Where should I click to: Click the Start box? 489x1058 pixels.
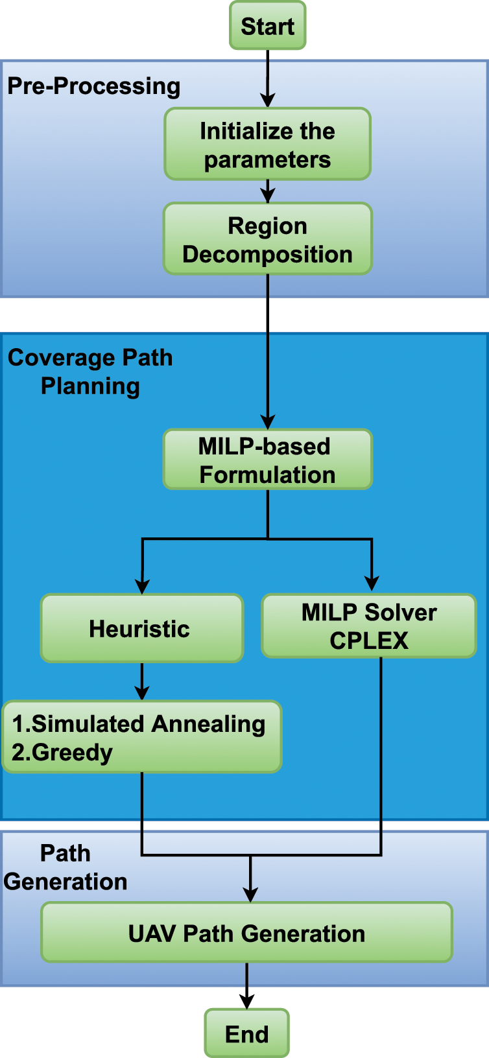(x=267, y=26)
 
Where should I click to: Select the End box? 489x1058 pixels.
(x=246, y=1033)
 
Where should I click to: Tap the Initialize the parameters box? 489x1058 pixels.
(x=267, y=145)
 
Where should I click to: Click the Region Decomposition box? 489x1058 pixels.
(x=267, y=239)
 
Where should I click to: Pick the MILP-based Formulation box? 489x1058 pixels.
(x=267, y=460)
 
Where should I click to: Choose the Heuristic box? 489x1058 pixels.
(x=141, y=628)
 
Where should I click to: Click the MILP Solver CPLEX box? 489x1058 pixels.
(x=368, y=626)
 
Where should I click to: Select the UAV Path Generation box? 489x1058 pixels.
(x=246, y=933)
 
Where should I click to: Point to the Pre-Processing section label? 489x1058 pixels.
(x=93, y=86)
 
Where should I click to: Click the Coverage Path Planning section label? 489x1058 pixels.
(x=90, y=371)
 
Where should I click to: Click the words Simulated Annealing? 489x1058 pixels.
(x=149, y=723)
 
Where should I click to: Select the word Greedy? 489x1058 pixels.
(x=72, y=752)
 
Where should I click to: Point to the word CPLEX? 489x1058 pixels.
(x=368, y=641)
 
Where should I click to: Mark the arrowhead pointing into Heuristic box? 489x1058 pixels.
(x=142, y=586)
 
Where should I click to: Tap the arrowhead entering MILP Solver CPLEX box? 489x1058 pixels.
(x=372, y=583)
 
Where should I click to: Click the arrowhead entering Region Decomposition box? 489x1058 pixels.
(x=267, y=196)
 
